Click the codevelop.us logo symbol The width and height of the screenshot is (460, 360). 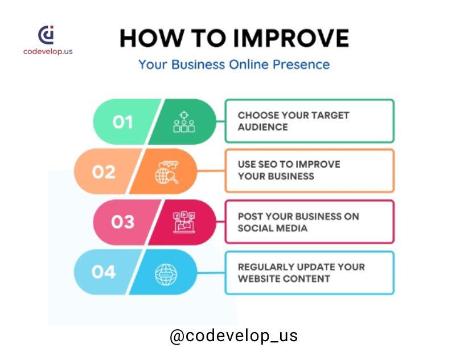[x=46, y=35]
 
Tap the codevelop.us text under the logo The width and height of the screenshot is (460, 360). [x=48, y=51]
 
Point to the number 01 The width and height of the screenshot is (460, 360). [x=122, y=122]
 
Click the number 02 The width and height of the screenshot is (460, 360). [x=104, y=172]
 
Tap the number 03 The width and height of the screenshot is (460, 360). [x=122, y=222]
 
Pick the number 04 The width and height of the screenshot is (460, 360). [x=104, y=272]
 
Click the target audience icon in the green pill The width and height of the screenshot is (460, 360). [x=184, y=122]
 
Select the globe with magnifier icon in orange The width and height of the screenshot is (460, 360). [x=167, y=173]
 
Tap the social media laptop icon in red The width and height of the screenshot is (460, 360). [x=184, y=222]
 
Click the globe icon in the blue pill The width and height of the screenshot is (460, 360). [x=166, y=275]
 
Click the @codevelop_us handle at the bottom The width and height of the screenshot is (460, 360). [x=234, y=336]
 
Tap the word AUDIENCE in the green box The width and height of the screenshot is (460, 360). [x=263, y=127]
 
